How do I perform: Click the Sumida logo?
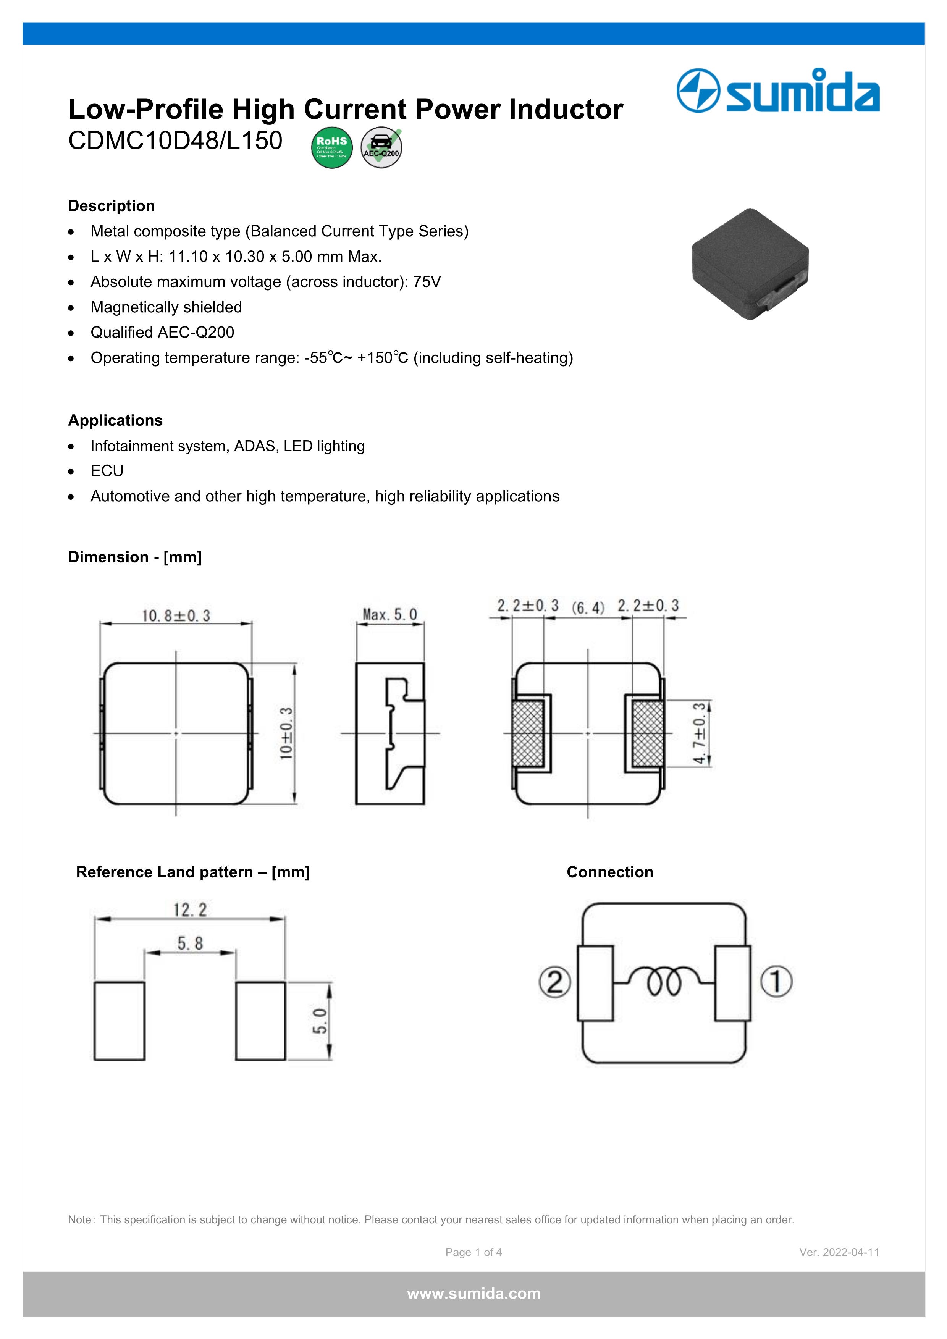778,90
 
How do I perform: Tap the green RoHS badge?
332,147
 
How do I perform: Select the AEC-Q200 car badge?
381,147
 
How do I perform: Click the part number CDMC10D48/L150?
175,141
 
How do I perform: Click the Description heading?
112,206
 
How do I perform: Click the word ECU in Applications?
107,471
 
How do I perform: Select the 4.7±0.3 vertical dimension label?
699,733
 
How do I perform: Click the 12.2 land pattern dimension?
190,910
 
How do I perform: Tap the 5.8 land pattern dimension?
190,943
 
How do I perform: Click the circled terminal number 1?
776,982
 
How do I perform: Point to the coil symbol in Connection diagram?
664,980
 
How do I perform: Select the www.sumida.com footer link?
473,1294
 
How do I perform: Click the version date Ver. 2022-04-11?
839,1252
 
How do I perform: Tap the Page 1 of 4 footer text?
473,1252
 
